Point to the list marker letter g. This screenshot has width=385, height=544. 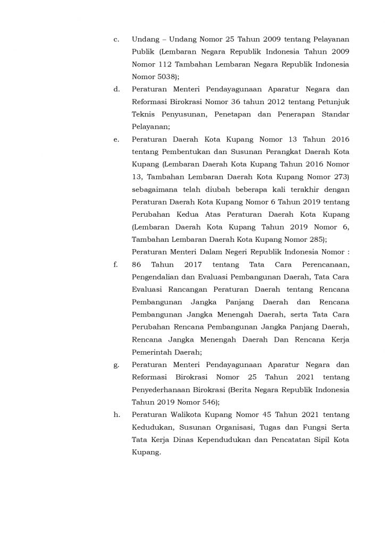coord(115,365)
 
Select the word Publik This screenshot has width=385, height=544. coord(143,53)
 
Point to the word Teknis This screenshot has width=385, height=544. coord(144,114)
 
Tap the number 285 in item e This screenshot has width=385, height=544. coord(316,239)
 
